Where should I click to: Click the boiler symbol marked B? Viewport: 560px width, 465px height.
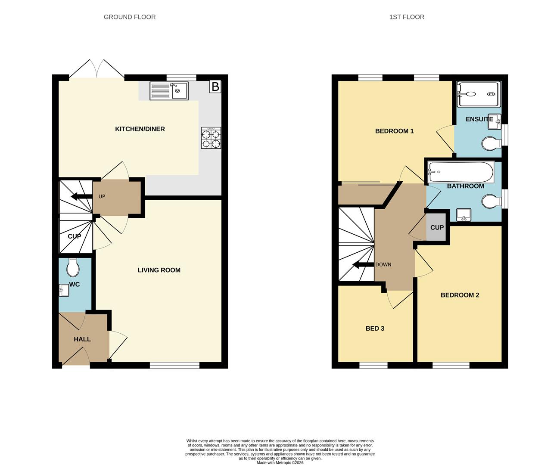(215, 87)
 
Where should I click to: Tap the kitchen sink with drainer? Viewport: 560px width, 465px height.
(169, 91)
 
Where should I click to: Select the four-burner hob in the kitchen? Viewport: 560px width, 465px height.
(211, 138)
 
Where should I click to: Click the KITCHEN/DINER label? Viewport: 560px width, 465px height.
(140, 129)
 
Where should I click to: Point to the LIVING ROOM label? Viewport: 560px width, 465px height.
(159, 270)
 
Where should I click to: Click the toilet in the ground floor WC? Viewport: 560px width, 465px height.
(73, 267)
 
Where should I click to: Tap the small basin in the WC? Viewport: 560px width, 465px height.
(64, 290)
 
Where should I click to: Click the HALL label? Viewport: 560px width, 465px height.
(82, 339)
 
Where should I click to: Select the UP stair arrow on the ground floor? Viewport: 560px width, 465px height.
(81, 196)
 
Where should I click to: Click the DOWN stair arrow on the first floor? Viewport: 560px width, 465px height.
(364, 265)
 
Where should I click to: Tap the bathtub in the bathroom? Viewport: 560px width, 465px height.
(461, 172)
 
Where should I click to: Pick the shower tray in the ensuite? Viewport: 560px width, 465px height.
(479, 94)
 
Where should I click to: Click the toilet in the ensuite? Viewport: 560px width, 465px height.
(492, 144)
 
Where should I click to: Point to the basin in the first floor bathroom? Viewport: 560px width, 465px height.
(464, 215)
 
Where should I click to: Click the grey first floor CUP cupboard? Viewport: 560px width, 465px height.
(437, 227)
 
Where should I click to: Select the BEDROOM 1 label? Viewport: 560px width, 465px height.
(394, 131)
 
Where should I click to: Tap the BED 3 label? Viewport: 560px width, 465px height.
(375, 329)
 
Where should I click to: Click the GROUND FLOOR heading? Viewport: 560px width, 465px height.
(130, 17)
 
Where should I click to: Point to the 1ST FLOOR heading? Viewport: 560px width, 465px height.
(407, 17)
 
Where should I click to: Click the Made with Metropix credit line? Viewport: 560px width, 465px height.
(280, 462)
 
